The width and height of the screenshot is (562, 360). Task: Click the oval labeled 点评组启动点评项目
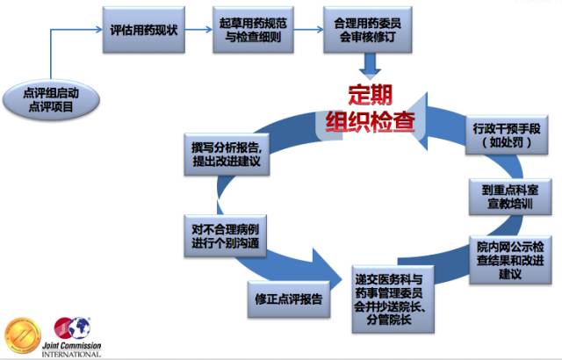(51, 99)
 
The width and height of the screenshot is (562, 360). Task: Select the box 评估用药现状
(144, 30)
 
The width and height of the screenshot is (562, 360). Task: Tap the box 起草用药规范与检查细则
(253, 30)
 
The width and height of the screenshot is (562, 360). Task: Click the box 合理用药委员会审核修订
(367, 30)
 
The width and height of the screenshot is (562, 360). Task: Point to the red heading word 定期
(371, 95)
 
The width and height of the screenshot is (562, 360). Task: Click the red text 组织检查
(371, 121)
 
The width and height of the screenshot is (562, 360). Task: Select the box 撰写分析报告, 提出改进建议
(227, 155)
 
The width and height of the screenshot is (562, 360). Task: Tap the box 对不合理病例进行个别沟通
(225, 236)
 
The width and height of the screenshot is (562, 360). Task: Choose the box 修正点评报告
(289, 299)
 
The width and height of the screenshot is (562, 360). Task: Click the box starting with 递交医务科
(393, 299)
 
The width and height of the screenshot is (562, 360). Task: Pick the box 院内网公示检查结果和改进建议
(510, 260)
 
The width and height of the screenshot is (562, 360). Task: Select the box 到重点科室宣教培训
(510, 197)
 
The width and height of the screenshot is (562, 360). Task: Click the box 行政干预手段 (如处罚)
(507, 135)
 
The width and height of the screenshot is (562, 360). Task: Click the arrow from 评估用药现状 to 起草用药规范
(199, 29)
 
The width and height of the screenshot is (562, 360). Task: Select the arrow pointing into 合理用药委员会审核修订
(308, 29)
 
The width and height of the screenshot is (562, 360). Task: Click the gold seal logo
(22, 335)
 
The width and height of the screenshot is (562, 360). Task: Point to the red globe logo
(72, 328)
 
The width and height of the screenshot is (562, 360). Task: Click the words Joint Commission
(71, 346)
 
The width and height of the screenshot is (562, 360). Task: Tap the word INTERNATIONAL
(71, 354)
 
